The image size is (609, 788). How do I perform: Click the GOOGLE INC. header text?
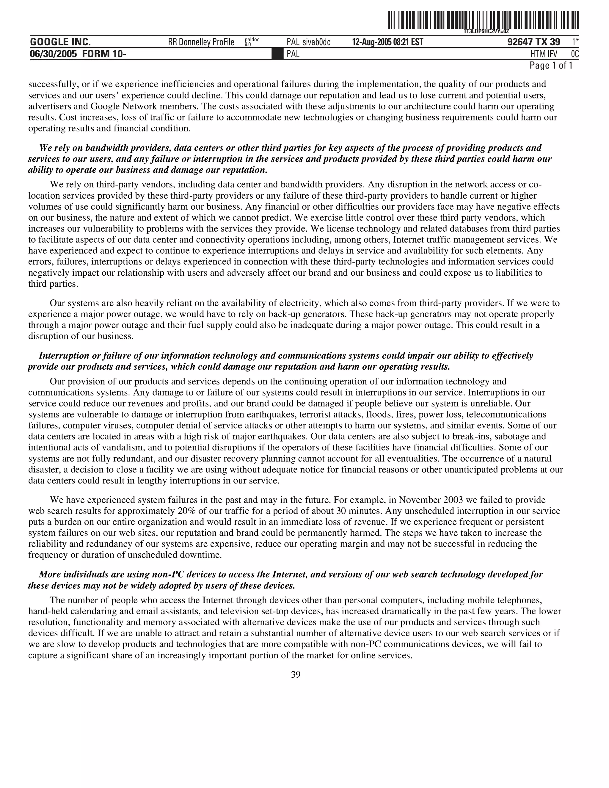(x=60, y=42)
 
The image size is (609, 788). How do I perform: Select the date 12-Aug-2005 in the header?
(x=371, y=42)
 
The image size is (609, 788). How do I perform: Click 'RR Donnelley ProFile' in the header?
(x=201, y=42)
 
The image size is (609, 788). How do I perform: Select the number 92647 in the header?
(x=520, y=42)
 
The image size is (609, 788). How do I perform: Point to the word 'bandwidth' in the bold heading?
(x=105, y=148)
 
